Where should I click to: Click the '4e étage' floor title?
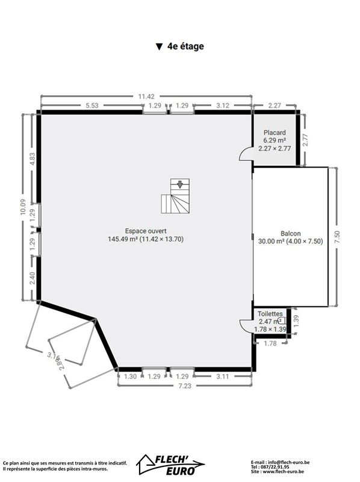click(x=185, y=46)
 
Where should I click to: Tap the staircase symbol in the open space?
click(x=175, y=196)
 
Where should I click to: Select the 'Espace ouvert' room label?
click(x=146, y=231)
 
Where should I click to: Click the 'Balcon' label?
click(x=290, y=233)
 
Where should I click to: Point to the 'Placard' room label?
click(x=275, y=133)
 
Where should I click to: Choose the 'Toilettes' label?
click(x=270, y=314)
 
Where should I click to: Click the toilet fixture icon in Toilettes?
click(x=281, y=321)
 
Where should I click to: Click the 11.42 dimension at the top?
click(x=146, y=96)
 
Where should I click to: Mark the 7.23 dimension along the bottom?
click(x=185, y=386)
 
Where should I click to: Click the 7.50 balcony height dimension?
click(x=337, y=237)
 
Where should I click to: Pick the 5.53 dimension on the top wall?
click(x=92, y=105)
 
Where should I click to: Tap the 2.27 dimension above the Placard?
click(x=275, y=105)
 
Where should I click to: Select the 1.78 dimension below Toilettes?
click(x=270, y=343)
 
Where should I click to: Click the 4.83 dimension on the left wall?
click(x=33, y=159)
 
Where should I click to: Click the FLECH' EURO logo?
click(x=171, y=465)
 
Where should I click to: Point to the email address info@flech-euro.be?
click(x=289, y=462)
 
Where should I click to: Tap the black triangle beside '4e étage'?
click(x=159, y=47)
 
